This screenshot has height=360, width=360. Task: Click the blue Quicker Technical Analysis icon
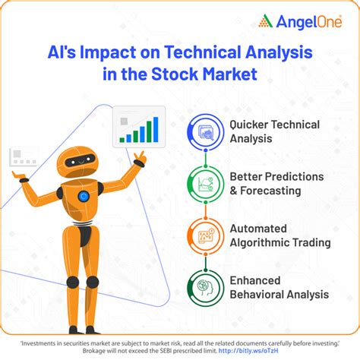205,131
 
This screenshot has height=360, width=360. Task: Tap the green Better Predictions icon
205,183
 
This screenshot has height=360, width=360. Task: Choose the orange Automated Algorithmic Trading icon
205,235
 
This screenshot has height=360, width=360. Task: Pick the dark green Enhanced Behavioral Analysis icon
205,287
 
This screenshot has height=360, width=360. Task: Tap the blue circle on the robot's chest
83,195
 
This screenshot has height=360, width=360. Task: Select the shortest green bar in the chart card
123,140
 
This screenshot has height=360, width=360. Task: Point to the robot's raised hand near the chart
138,159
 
